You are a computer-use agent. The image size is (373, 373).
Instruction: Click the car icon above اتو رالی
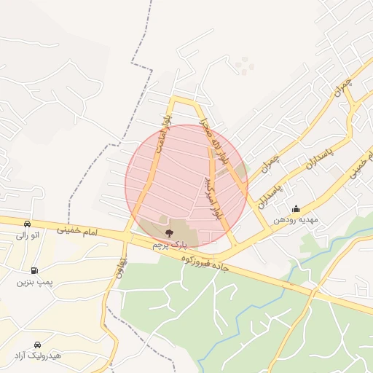pyautogui.click(x=27, y=224)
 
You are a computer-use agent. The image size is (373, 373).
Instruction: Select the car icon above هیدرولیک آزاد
pyautogui.click(x=36, y=344)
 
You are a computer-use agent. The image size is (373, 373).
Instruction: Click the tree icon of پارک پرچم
pyautogui.click(x=170, y=234)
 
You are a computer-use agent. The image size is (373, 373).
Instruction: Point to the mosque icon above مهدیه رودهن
pyautogui.click(x=295, y=208)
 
